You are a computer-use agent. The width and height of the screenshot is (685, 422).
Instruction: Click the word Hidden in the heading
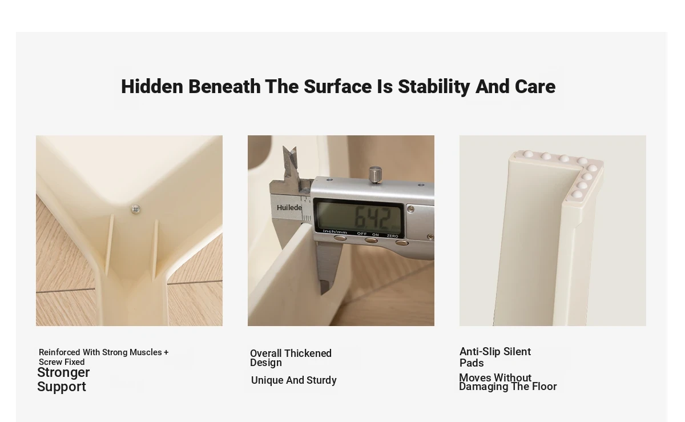[152, 86]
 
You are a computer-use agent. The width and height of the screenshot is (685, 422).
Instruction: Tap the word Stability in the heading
[434, 87]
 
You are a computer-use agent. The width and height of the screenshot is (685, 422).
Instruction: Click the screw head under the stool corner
[135, 208]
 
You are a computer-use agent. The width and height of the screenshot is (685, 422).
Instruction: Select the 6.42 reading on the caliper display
[373, 218]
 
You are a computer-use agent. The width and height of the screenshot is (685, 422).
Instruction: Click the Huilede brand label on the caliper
[289, 207]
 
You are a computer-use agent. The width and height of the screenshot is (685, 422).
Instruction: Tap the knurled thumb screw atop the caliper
[375, 175]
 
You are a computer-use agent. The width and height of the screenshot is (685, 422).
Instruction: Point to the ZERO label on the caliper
[392, 236]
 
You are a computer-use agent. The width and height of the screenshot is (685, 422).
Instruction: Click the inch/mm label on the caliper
[335, 232]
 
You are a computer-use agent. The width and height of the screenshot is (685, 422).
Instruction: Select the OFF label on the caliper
[362, 234]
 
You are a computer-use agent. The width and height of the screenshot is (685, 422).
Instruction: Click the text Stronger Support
[63, 380]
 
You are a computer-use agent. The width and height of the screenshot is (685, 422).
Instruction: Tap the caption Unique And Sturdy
[293, 380]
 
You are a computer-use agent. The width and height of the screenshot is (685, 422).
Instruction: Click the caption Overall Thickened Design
[291, 357]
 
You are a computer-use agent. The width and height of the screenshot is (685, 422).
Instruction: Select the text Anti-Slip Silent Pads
[495, 357]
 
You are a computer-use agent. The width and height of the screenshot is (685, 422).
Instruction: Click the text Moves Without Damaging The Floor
[508, 382]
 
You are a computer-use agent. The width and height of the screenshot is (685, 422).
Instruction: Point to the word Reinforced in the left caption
[59, 352]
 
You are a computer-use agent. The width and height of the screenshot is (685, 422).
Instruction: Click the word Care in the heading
[535, 87]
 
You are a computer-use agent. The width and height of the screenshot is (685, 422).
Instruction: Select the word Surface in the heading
[337, 86]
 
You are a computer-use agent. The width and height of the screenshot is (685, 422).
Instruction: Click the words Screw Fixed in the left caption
[62, 362]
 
